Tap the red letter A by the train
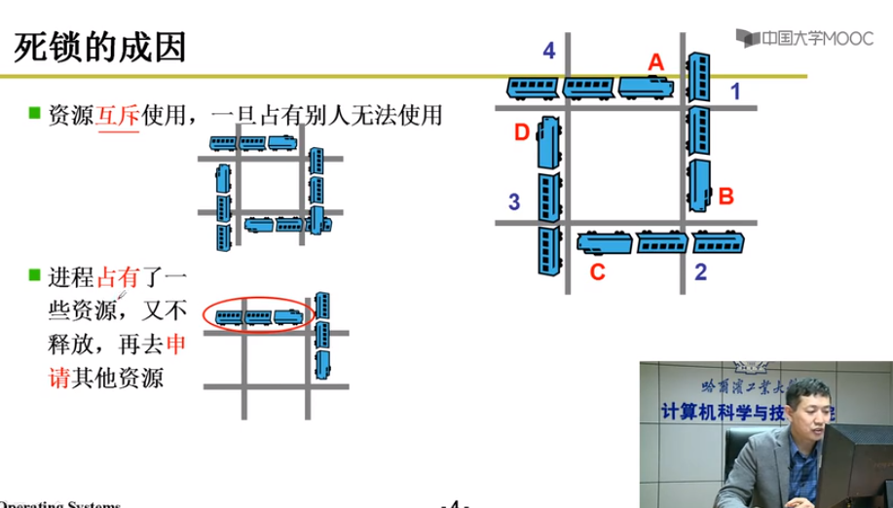point(656,61)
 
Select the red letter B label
point(725,197)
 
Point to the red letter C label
point(598,272)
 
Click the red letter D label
point(522,131)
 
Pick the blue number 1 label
point(736,92)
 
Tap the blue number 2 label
point(700,272)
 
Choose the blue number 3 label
point(514,202)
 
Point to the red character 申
point(177,344)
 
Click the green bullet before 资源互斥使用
point(33,114)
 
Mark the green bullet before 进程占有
point(33,277)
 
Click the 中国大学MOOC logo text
point(805,39)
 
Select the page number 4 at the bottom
point(457,503)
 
